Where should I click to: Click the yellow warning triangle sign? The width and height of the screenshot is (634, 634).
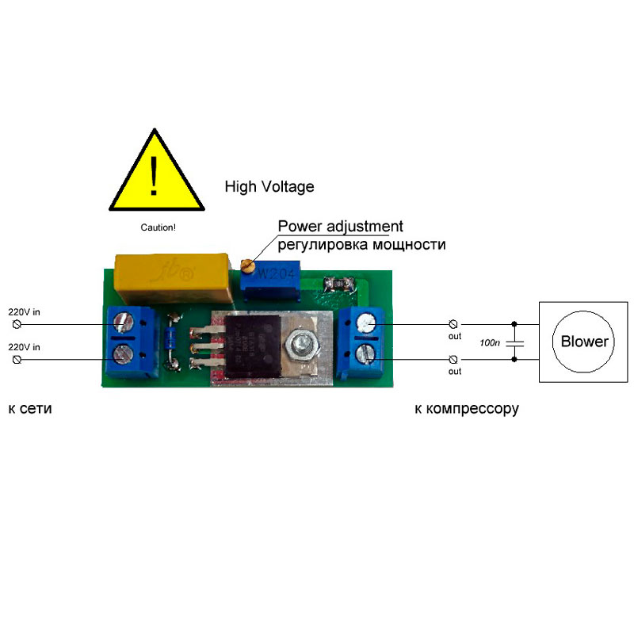coord(156,176)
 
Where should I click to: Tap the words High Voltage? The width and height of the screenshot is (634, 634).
coord(269,187)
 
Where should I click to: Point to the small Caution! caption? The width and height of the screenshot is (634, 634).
coord(158,227)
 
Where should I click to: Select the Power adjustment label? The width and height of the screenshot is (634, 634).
coord(341,226)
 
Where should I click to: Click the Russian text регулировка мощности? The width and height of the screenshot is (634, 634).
coord(361,245)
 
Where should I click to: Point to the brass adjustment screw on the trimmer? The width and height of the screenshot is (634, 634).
coord(246,264)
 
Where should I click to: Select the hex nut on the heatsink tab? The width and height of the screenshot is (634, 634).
coord(302,346)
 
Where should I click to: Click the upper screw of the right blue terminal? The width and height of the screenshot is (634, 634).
coord(365,322)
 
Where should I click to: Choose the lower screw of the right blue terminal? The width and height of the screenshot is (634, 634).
coord(365,351)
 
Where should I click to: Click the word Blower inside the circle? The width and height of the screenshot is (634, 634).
coord(585,342)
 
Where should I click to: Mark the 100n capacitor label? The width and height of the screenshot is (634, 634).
coord(491,342)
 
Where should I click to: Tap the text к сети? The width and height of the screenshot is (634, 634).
coord(35,409)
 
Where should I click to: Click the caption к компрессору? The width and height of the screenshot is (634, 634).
coord(466,409)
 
